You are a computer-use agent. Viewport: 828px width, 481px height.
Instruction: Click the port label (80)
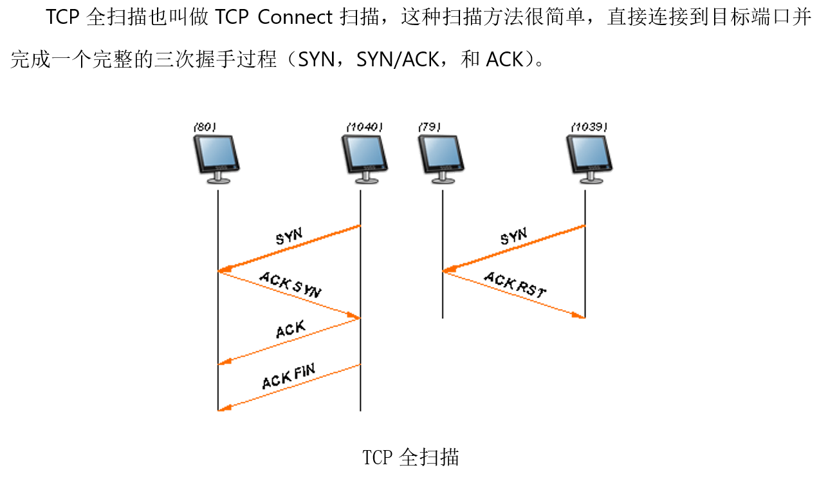pyautogui.click(x=204, y=127)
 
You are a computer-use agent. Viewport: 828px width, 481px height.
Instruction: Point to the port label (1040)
pyautogui.click(x=364, y=127)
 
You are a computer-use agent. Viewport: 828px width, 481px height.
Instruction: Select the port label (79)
pyautogui.click(x=429, y=127)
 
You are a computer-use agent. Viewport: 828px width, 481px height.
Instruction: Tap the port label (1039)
pyautogui.click(x=589, y=127)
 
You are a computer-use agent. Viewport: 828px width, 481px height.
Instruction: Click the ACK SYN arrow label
pyautogui.click(x=290, y=284)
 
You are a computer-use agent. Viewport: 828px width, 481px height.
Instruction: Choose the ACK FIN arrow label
pyautogui.click(x=288, y=375)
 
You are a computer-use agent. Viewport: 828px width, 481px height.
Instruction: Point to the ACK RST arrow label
pyautogui.click(x=515, y=284)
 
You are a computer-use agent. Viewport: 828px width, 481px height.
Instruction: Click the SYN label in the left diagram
pyautogui.click(x=289, y=236)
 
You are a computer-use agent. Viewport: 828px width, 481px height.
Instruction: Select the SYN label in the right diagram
pyautogui.click(x=513, y=236)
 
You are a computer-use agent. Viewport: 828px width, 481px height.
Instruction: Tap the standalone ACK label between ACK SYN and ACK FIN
pyautogui.click(x=290, y=330)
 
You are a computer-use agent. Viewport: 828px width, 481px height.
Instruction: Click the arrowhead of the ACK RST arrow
pyautogui.click(x=580, y=316)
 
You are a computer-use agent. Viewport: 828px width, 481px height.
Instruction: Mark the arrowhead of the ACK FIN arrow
pyautogui.click(x=223, y=408)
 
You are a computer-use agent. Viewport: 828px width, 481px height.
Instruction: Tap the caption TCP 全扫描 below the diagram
pyautogui.click(x=410, y=457)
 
